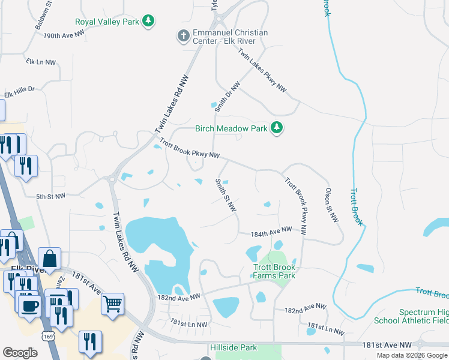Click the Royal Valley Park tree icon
[149, 22]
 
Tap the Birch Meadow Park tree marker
[276, 128]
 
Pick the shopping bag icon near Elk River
[51, 259]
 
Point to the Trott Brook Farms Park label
[274, 271]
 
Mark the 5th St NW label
[50, 196]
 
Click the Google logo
[20, 353]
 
